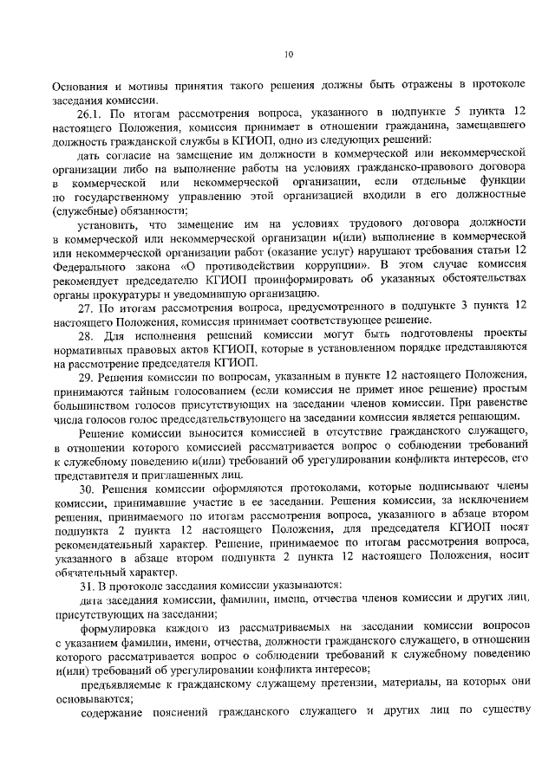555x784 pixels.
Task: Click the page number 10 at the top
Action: (x=290, y=55)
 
